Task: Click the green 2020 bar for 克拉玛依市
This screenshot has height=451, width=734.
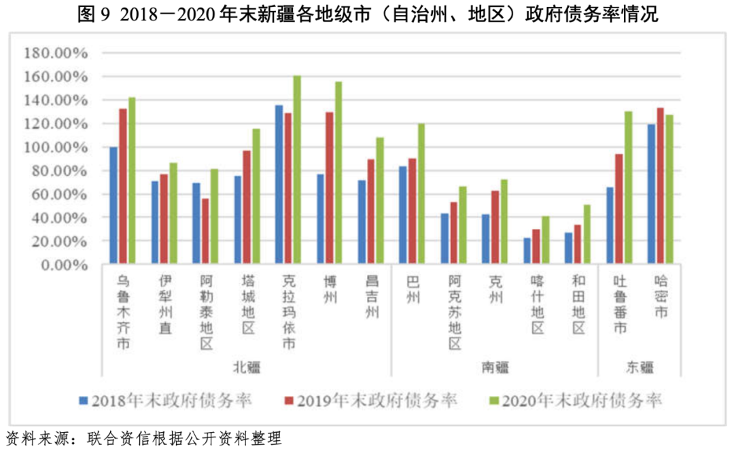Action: pos(296,170)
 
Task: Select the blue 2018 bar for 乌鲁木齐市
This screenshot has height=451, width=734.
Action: pos(113,206)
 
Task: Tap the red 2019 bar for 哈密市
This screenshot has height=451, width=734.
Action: pos(661,185)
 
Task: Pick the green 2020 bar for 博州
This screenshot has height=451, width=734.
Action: pos(338,173)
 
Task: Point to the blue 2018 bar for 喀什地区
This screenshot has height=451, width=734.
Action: pos(527,251)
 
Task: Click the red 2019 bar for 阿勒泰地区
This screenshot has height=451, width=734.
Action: pos(205,231)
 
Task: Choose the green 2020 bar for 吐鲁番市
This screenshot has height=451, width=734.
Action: pos(628,187)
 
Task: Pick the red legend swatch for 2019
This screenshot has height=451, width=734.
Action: pos(289,401)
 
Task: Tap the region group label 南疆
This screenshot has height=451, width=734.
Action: pos(495,367)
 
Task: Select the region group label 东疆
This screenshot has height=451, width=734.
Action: pos(640,367)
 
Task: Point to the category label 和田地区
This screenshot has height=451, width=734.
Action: pos(578,304)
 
